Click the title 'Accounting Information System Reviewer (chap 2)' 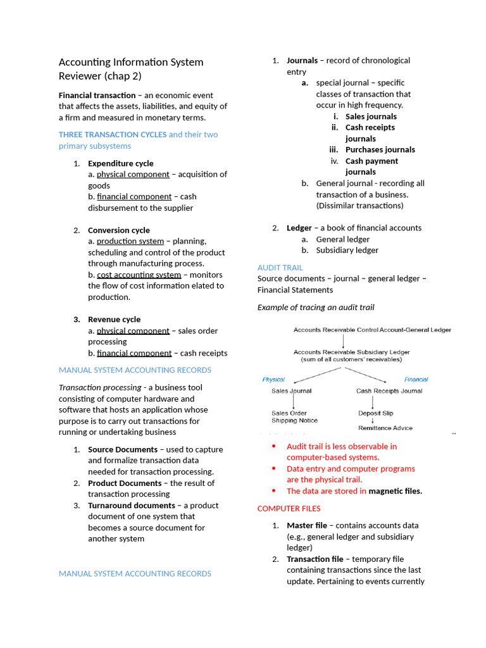(x=131, y=69)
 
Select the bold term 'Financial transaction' (x=97, y=95)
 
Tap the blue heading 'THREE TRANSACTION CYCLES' (x=113, y=134)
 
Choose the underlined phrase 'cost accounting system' (x=139, y=275)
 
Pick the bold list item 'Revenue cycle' (x=114, y=320)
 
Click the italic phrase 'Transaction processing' (x=99, y=387)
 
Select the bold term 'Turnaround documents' (x=132, y=506)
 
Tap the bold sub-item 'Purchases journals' (x=380, y=150)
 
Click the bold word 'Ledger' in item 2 (x=299, y=228)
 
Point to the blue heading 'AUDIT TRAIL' (x=280, y=268)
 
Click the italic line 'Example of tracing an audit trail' (x=315, y=308)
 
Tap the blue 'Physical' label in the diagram (x=273, y=380)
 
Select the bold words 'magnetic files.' (x=395, y=491)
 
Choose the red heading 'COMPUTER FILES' (x=289, y=509)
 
